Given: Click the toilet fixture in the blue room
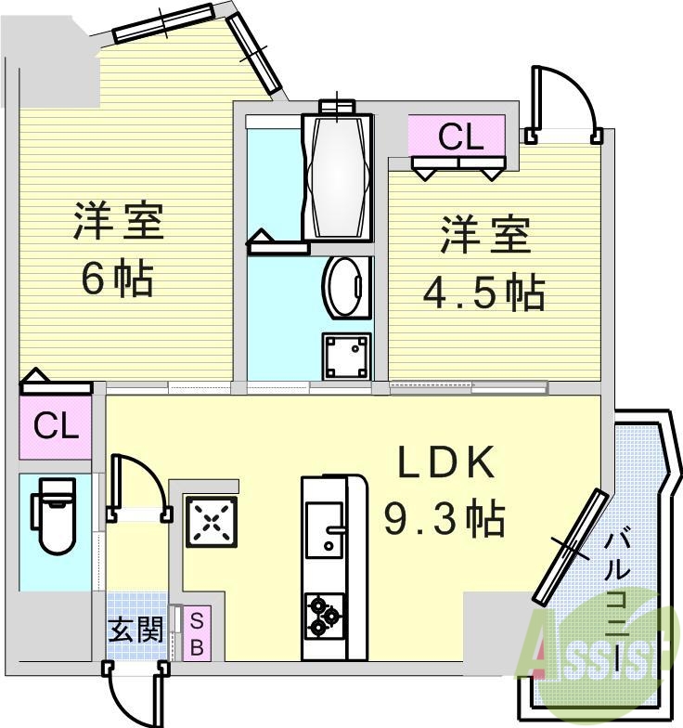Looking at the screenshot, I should pos(51,522).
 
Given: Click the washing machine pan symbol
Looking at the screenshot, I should pos(346,354).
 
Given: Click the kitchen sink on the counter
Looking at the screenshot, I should pos(323,531).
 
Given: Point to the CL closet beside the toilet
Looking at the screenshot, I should pos(56,427).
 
